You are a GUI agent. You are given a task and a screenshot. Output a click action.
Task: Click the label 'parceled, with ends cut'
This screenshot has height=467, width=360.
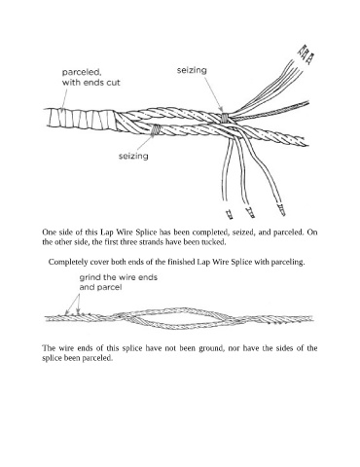tap(90, 77)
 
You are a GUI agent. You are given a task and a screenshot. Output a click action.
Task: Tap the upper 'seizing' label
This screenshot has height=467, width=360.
tap(192, 70)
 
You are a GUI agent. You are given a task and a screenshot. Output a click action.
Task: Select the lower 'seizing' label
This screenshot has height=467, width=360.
tap(133, 157)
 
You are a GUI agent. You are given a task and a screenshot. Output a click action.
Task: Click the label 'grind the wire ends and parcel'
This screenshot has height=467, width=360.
tap(119, 282)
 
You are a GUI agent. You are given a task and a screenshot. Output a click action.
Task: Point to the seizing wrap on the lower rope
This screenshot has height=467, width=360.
tap(156, 129)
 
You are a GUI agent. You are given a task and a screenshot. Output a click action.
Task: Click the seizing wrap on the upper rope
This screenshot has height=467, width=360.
tap(225, 117)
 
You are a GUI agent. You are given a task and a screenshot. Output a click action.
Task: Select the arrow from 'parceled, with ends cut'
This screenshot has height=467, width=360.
tap(65, 98)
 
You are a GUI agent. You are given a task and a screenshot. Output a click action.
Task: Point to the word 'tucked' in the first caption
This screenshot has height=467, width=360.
tap(214, 242)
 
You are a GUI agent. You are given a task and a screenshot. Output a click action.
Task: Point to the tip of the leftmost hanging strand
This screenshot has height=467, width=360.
tap(230, 214)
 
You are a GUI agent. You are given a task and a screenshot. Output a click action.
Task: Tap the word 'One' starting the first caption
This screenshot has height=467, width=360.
tap(48, 233)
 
